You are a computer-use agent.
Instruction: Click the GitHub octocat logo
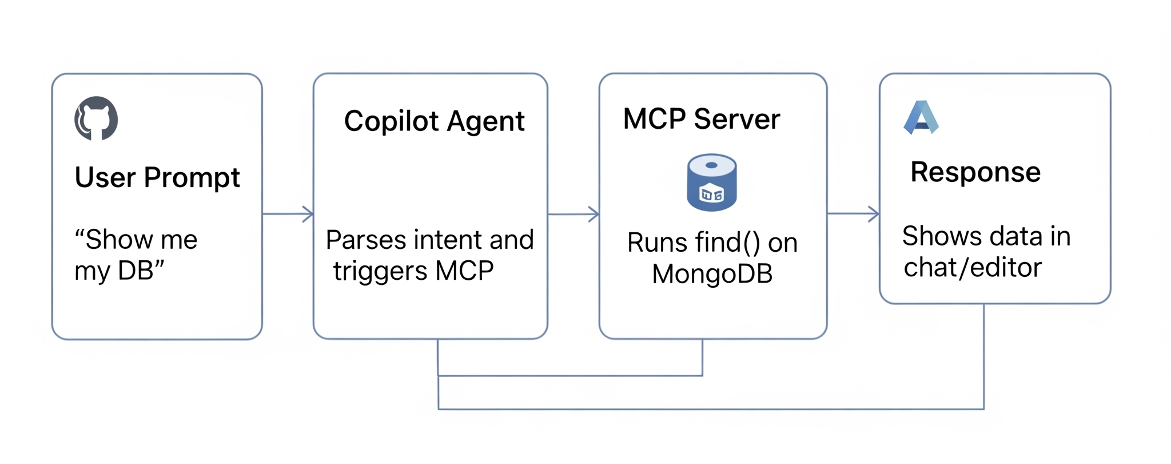click(x=96, y=118)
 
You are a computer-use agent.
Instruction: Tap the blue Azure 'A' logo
click(x=921, y=117)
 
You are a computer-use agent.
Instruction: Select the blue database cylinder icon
click(x=711, y=183)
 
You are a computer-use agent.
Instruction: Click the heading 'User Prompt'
click(x=157, y=177)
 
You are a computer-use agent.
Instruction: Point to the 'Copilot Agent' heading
click(x=434, y=121)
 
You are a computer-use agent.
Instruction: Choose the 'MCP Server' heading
click(x=701, y=119)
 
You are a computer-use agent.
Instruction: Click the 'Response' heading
click(x=975, y=172)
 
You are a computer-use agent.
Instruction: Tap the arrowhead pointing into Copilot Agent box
click(x=309, y=214)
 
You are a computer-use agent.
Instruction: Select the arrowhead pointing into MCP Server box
click(x=595, y=215)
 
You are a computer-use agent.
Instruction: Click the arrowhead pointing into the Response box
click(x=875, y=214)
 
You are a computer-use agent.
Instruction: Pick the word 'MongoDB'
click(x=712, y=274)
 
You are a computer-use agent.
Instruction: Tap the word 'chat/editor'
click(x=972, y=268)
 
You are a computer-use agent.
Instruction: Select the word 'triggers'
click(x=380, y=271)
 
